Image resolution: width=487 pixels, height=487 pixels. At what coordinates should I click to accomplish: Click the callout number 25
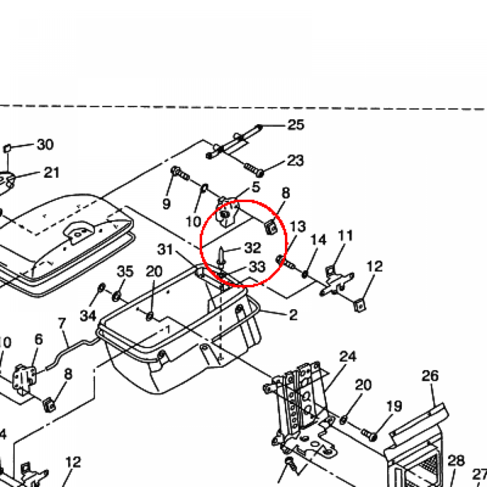coord(295,125)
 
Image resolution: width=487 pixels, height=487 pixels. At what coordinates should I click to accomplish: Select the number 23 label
coord(295,160)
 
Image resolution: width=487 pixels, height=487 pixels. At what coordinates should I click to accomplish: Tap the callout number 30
coord(45,144)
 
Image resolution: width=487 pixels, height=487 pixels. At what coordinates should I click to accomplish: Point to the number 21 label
coord(51,172)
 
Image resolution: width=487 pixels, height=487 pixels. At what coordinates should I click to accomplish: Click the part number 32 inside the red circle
coord(253,248)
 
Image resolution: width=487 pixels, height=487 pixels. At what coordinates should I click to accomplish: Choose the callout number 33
coord(257,267)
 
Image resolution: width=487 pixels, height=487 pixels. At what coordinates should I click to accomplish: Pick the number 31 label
coord(166,249)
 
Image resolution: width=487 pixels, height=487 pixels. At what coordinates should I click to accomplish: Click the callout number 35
coord(125,272)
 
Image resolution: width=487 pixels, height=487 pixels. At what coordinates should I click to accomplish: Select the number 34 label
coord(88,315)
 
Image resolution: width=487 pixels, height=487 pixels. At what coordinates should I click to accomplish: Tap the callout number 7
coord(62,324)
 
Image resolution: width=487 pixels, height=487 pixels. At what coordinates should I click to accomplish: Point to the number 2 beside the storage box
coord(293,314)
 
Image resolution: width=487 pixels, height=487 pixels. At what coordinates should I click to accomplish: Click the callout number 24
coord(348,356)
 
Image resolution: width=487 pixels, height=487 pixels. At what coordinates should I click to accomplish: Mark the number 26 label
coord(430,376)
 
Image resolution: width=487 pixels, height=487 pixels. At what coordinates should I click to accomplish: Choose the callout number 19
coord(394,407)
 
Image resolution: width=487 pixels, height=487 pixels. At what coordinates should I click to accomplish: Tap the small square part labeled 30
coord(7,149)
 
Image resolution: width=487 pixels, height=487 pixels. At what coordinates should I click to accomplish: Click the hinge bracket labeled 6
coord(23,378)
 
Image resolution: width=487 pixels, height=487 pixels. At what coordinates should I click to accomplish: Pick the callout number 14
coord(319,240)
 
